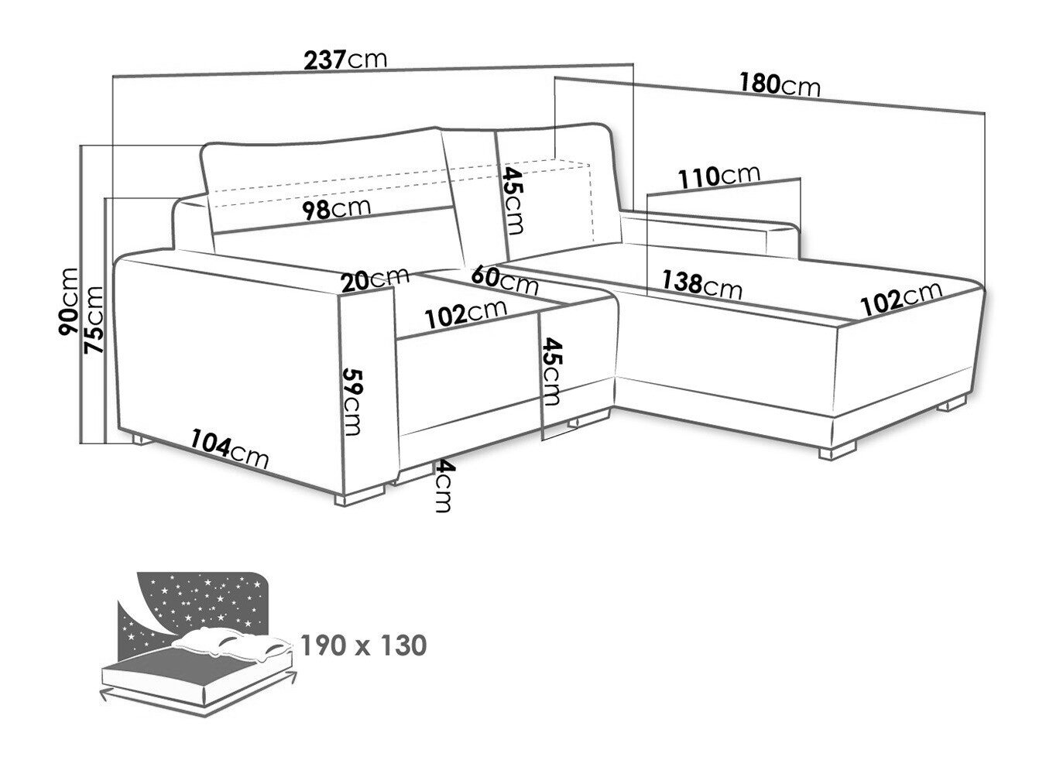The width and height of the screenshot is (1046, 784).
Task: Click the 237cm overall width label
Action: click(345, 60)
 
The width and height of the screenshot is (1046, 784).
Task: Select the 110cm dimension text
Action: click(719, 176)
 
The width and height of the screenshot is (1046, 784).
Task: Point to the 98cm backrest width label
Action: click(337, 209)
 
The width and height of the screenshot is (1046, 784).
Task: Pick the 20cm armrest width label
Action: click(375, 280)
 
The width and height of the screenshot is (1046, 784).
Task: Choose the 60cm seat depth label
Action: click(505, 281)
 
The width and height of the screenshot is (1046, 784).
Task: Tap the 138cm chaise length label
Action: click(702, 285)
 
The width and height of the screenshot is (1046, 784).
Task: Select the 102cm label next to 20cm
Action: click(465, 314)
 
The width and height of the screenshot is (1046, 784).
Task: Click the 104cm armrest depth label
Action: click(230, 449)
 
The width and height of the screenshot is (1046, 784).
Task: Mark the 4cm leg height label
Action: click(443, 486)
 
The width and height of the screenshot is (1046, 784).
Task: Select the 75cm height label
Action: click(93, 320)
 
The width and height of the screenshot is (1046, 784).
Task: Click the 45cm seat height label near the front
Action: click(550, 371)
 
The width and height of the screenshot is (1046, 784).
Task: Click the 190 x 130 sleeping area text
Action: click(364, 645)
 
